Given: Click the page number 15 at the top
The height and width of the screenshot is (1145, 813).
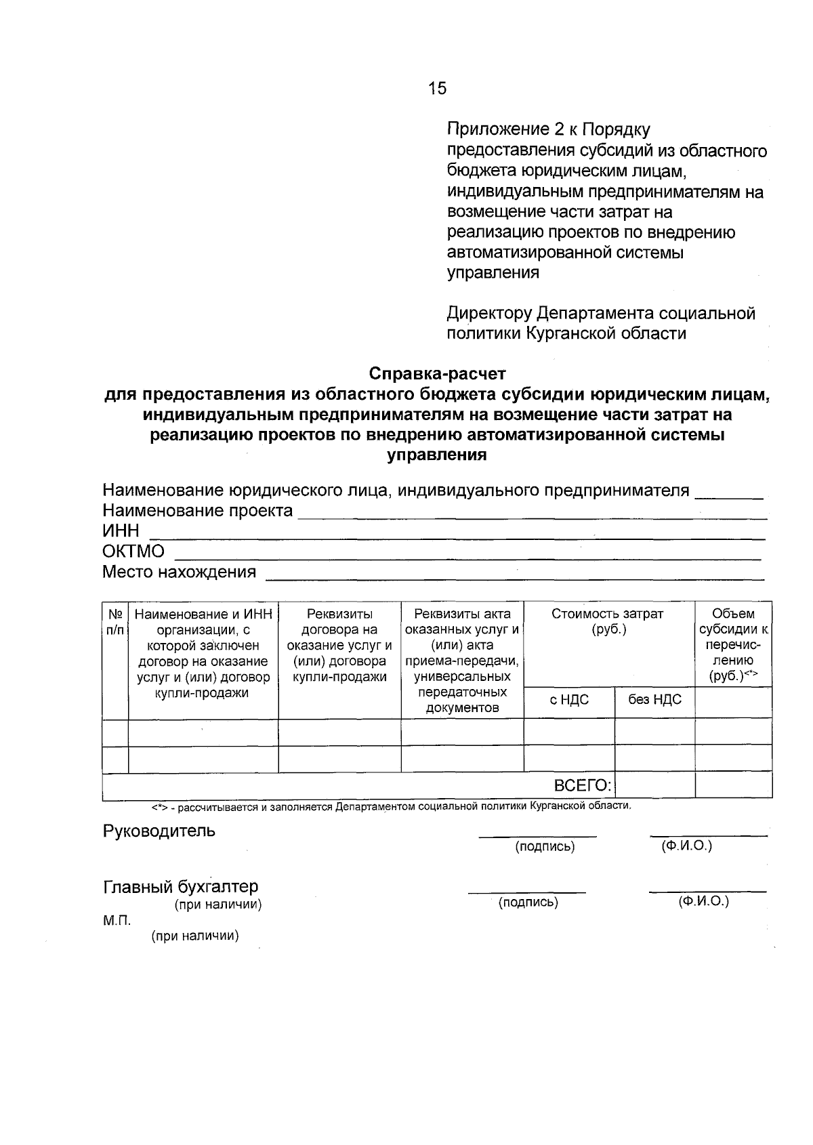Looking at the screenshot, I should coord(437,88).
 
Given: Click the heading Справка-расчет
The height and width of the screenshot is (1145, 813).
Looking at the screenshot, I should coord(437,373).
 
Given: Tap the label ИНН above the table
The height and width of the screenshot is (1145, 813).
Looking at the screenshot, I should coord(121,530).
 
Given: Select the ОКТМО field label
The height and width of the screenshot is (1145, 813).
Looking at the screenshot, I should coord(133,551).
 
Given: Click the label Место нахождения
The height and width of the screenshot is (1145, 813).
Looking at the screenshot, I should coord(179,572).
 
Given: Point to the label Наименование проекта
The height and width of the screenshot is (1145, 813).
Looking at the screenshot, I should coord(197,510).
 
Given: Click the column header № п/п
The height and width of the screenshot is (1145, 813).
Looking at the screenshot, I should coord(115,622).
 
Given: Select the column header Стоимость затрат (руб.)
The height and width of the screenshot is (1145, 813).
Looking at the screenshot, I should coord(608,621).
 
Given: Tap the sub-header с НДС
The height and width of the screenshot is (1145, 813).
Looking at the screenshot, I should coord(569,700).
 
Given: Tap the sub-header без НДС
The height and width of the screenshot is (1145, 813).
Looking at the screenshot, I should coord(654,700).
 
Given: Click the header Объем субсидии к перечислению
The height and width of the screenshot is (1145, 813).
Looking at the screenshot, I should coord(733,644).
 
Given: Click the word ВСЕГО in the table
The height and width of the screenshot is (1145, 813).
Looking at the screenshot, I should coord(583,786).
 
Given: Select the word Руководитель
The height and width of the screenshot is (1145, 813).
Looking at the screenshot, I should coord(159,831).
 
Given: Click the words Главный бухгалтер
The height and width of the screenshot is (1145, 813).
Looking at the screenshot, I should coord(180,887).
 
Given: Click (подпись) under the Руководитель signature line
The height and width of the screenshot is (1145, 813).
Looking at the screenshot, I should coord(545,847).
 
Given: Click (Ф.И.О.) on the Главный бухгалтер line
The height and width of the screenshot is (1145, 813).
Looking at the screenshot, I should coord(703,902).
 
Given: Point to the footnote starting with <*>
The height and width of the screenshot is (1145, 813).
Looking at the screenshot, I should coord(391,807).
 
